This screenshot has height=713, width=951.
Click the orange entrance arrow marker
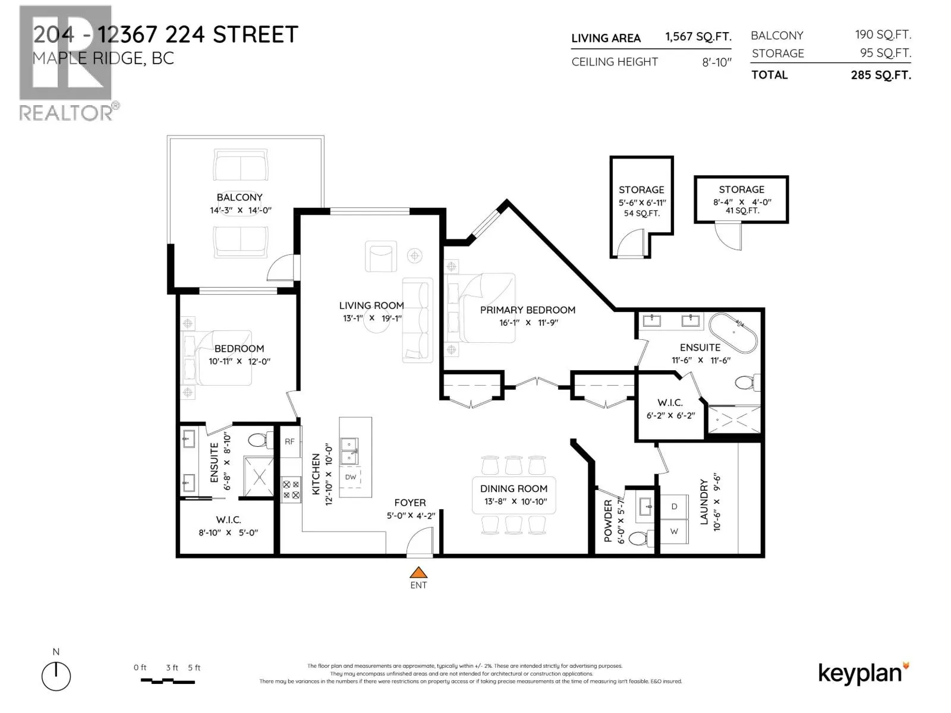click(418, 573)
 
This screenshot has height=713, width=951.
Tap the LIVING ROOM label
click(371, 305)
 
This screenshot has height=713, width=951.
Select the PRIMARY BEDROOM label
click(527, 310)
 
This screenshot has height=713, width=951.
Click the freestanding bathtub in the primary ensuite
click(733, 333)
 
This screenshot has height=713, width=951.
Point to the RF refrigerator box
click(289, 441)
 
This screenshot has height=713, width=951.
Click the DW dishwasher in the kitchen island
click(351, 477)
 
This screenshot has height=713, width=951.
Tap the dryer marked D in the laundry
click(674, 507)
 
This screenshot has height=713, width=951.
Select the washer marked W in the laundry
click(674, 532)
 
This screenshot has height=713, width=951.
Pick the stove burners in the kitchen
click(291, 490)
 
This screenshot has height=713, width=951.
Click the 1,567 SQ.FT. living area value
click(698, 37)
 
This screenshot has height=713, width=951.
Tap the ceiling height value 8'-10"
click(716, 62)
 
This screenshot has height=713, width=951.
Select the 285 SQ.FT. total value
click(880, 75)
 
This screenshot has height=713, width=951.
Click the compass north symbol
click(56, 676)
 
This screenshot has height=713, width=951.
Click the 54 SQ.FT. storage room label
click(641, 213)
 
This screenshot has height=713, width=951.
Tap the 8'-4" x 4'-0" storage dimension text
click(742, 202)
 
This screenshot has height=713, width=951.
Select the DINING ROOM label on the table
click(514, 488)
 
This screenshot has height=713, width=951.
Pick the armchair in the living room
click(380, 257)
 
